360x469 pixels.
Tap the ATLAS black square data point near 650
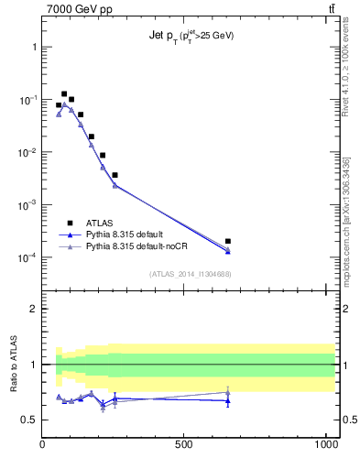tap(227, 241)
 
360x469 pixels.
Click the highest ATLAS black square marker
tap(64, 93)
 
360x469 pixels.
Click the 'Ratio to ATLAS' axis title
tap(14, 364)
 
